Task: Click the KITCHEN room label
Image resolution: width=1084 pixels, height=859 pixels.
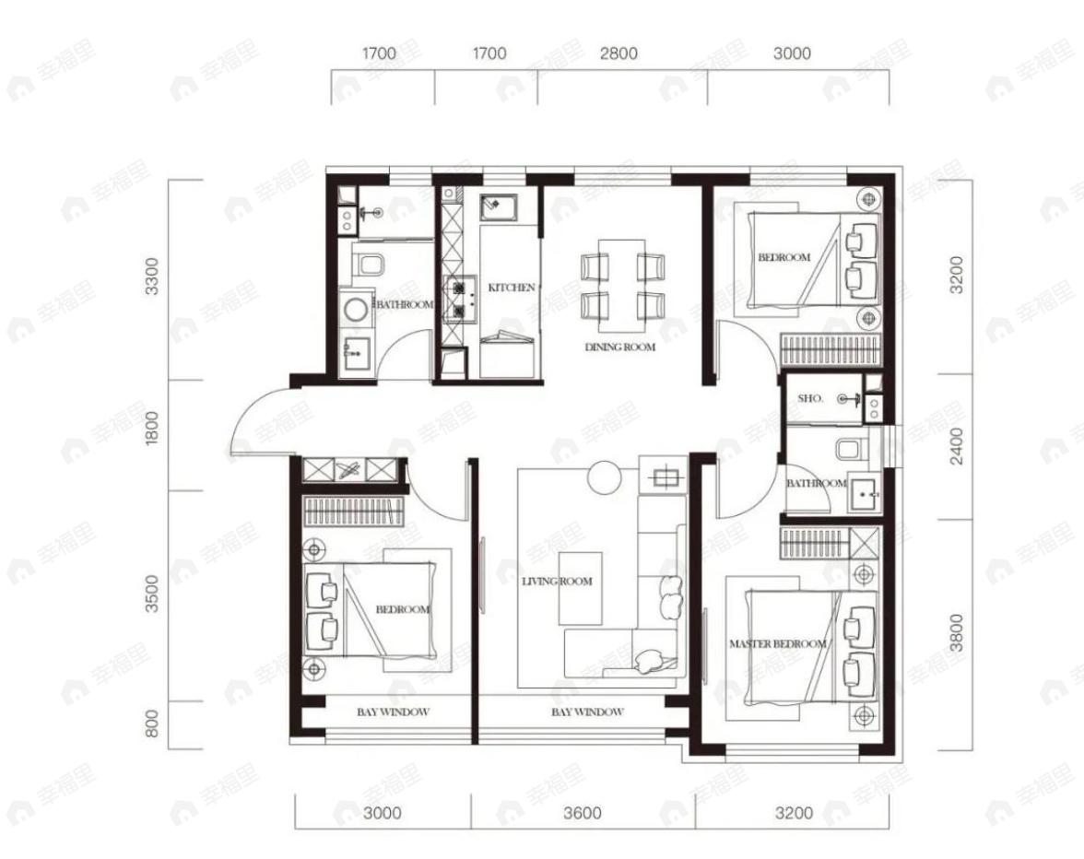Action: tap(512, 287)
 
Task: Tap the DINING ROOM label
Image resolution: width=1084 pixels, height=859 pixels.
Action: tap(620, 347)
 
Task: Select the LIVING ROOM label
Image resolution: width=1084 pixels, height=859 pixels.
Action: tap(557, 582)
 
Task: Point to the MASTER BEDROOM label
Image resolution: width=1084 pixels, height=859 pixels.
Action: tap(778, 644)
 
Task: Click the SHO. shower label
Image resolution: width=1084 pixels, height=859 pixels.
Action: tap(810, 399)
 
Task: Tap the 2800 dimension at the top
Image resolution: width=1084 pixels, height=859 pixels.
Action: tap(619, 53)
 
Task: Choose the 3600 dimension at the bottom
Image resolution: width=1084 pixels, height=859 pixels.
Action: tap(583, 813)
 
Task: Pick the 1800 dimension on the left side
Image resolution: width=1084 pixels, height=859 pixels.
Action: tap(152, 427)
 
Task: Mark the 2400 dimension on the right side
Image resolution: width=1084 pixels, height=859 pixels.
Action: tap(956, 445)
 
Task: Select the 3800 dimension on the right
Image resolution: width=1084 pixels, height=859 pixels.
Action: tap(956, 633)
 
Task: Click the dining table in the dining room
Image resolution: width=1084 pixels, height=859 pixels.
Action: tap(621, 286)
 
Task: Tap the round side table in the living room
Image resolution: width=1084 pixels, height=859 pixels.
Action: tap(605, 477)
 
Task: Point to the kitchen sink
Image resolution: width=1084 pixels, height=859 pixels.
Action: tap(498, 206)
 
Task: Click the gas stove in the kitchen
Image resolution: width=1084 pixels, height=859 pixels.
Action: tap(460, 300)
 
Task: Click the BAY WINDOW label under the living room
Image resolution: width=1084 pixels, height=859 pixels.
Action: tap(588, 712)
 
